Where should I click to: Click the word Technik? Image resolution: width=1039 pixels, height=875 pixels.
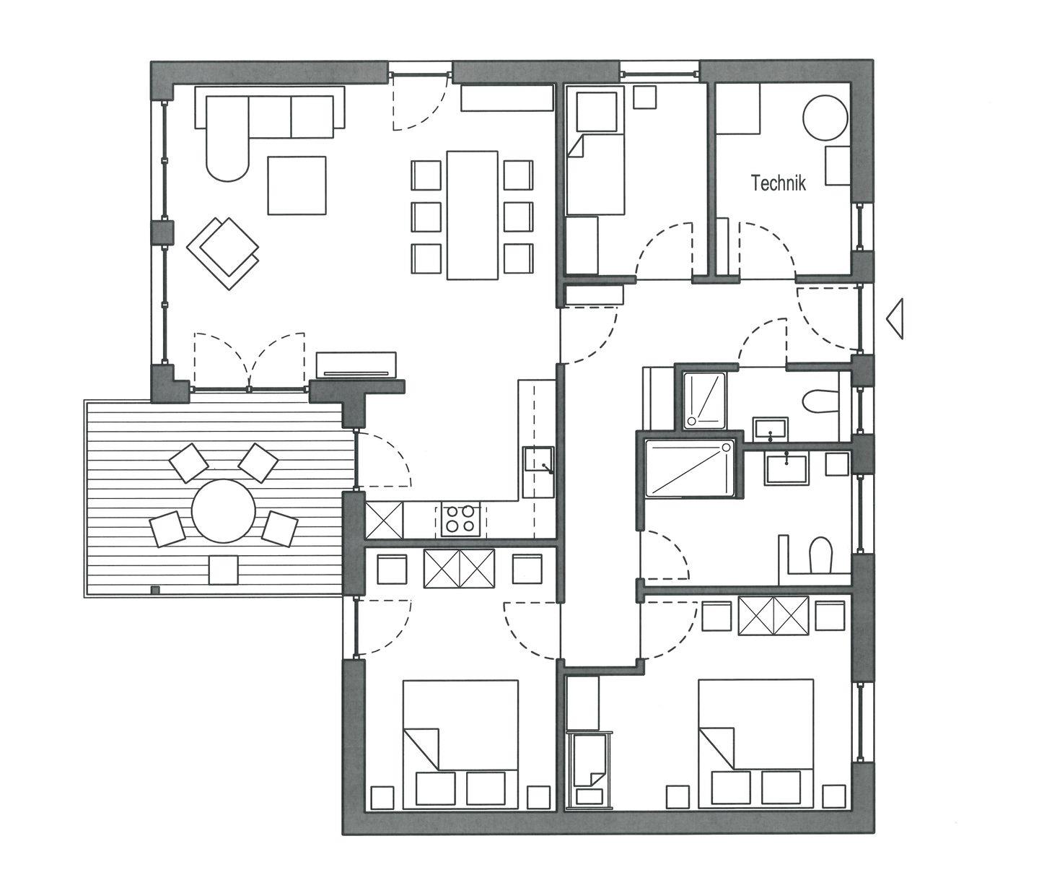[x=779, y=183]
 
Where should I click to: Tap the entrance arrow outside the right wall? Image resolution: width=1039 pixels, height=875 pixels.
[x=895, y=319]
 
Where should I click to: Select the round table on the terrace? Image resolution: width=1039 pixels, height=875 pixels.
[x=224, y=511]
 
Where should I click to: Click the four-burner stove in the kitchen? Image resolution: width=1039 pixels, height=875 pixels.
[x=460, y=519]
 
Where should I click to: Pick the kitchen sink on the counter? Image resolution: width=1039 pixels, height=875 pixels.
[x=538, y=465]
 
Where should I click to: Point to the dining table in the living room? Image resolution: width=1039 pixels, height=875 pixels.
[x=472, y=215]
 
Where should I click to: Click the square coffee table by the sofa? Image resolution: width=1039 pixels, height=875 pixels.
[x=297, y=186]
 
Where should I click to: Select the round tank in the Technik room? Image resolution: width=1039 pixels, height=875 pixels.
[x=825, y=118]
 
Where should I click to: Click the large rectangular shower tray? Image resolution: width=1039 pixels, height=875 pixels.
[x=689, y=468]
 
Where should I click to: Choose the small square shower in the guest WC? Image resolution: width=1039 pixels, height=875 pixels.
[x=705, y=401]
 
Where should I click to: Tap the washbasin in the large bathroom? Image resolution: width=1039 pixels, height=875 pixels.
[x=786, y=468]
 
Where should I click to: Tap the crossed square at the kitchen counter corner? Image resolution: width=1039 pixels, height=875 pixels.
[x=384, y=521]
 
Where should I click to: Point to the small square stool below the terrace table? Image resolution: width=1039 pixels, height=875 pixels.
[x=224, y=570]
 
